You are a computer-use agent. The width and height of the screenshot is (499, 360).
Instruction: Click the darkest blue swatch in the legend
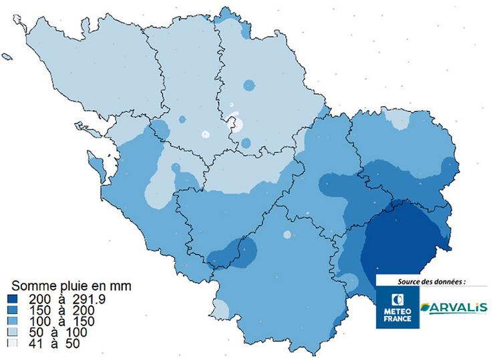(13, 299)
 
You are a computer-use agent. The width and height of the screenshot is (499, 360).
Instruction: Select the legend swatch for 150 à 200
(13, 310)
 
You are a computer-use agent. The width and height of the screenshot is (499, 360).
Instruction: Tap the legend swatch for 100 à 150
(13, 321)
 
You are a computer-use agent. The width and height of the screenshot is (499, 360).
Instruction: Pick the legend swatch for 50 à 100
(13, 332)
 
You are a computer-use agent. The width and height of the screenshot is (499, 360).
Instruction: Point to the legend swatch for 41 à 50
(13, 343)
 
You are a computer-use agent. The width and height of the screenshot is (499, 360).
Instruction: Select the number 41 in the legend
(35, 343)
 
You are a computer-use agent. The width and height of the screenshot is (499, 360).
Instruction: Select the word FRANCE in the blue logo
(398, 319)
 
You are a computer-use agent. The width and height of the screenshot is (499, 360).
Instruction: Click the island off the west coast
(97, 163)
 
